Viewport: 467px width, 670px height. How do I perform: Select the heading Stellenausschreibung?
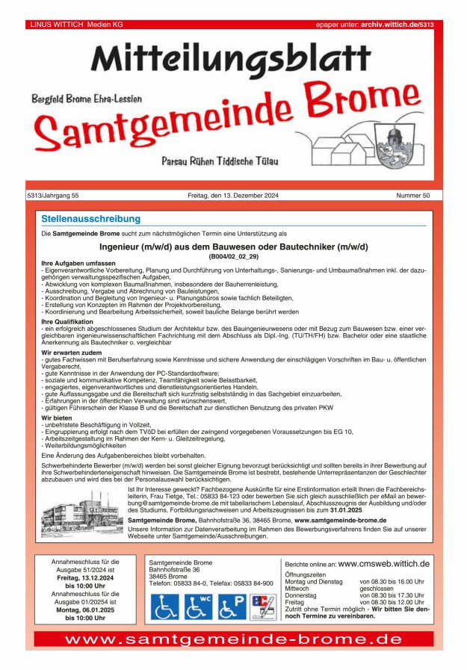[x=91, y=220]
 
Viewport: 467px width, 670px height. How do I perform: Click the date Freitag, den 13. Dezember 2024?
[x=233, y=196]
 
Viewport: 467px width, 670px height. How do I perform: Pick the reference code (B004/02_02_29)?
[x=233, y=256]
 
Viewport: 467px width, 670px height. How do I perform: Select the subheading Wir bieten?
[x=57, y=418]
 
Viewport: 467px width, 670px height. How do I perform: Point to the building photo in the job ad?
[x=83, y=512]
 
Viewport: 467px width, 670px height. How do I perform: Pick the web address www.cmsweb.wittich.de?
[x=384, y=564]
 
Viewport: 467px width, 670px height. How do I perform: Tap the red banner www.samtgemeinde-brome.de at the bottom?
[x=233, y=640]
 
